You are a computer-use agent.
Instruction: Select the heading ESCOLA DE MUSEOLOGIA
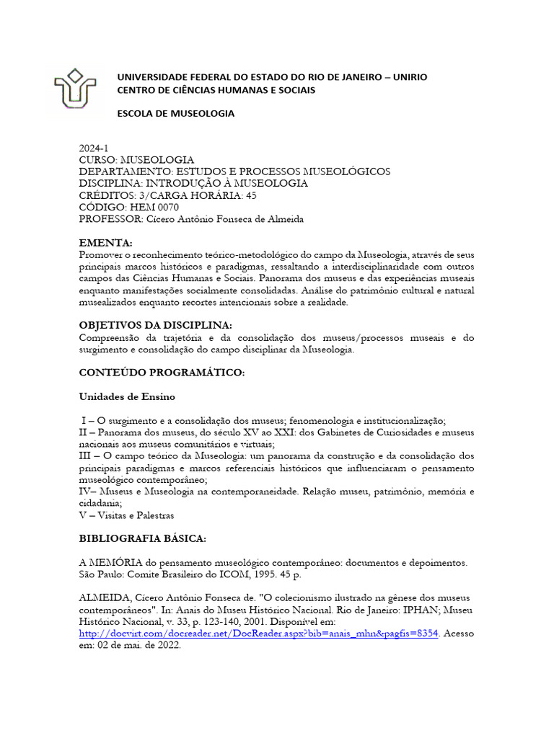point(176,114)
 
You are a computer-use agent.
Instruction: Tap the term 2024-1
point(93,148)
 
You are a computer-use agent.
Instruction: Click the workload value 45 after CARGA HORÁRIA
point(251,195)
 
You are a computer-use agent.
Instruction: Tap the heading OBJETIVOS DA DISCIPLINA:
point(155,325)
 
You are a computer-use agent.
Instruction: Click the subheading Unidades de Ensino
point(127,396)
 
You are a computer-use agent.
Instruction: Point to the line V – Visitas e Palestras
point(126,515)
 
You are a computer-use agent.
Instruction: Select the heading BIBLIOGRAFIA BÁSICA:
point(143,538)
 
